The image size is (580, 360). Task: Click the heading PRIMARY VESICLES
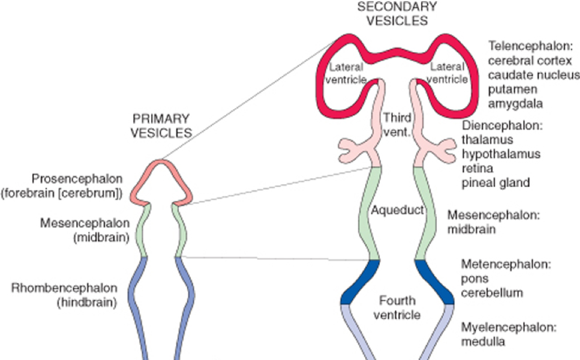[161, 127]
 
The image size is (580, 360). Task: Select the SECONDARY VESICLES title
[397, 13]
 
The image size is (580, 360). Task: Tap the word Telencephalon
[530, 46]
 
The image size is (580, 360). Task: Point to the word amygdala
[516, 103]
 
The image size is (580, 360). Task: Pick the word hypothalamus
[501, 154]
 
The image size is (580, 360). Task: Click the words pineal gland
[495, 182]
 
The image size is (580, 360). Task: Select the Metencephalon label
[506, 264]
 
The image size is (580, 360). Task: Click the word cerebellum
[491, 292]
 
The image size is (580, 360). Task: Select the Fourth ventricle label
[397, 308]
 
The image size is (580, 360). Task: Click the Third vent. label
[397, 125]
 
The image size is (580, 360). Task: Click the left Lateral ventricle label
[346, 73]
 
